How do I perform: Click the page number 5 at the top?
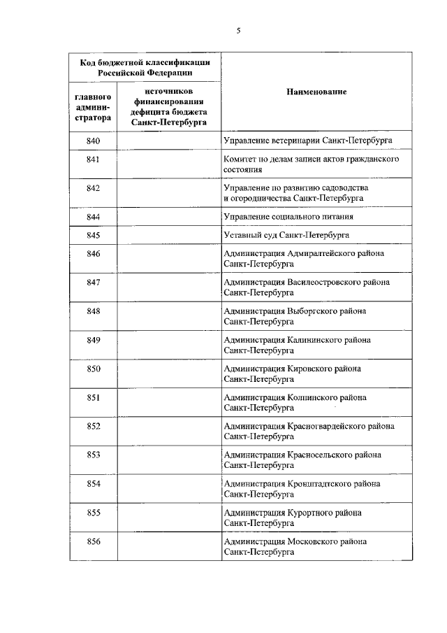tap(238, 30)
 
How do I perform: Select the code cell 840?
tap(94, 141)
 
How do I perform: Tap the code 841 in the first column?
tap(94, 160)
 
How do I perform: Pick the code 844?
tap(94, 217)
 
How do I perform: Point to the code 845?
tap(94, 235)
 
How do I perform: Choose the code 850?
tap(94, 369)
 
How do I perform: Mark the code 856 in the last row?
tap(94, 541)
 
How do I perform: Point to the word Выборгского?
tap(310, 311)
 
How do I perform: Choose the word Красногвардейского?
tap(325, 426)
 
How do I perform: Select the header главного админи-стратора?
tap(94, 107)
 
